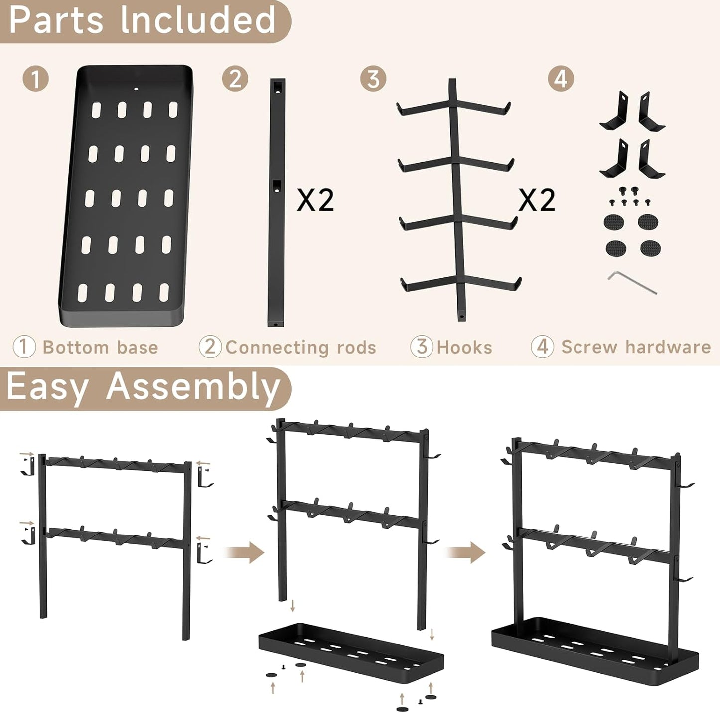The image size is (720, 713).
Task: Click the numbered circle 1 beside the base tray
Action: pos(35,79)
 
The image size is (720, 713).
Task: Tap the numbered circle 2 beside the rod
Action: pos(235,79)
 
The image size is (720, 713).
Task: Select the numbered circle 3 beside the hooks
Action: pos(373,79)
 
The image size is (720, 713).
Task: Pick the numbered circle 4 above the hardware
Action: pos(561,79)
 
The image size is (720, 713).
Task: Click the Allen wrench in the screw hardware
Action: pos(632,282)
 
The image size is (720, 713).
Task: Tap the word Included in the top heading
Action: pos(197,20)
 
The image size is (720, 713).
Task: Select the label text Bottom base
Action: pos(100,347)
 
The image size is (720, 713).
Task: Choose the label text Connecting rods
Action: pos(300,347)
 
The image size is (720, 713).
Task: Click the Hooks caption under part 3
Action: pos(464,347)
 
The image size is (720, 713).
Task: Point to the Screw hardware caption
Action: pos(636,347)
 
